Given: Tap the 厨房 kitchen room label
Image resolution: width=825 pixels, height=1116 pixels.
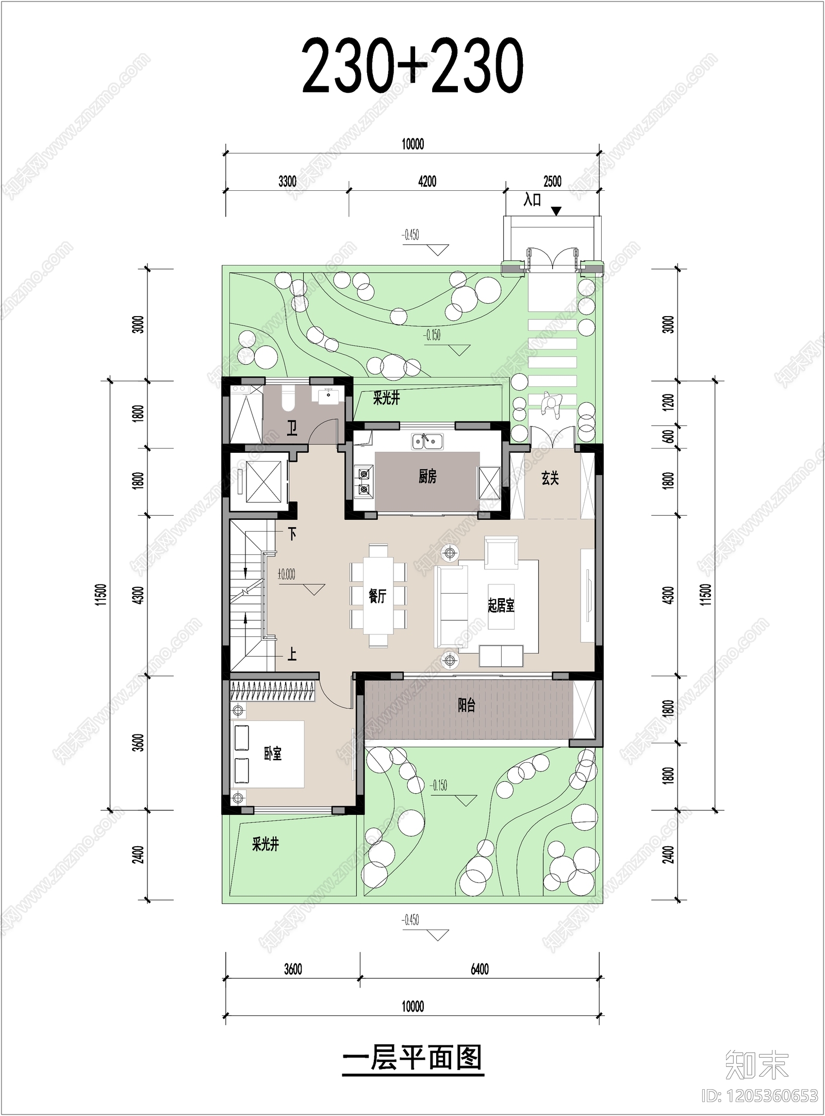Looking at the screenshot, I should point(427,477).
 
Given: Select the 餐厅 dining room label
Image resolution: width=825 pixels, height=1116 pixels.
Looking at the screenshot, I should point(377,596).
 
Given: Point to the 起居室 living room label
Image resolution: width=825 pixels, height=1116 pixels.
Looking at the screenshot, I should point(501,605).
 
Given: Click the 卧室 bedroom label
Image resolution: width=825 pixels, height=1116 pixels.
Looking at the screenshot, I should point(273,754).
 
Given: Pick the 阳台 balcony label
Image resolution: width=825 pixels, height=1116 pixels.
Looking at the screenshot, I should point(467,705).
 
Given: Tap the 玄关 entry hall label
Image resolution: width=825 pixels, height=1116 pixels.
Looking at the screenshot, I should point(550,478).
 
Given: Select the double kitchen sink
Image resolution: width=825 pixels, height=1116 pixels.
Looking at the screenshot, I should point(427,441).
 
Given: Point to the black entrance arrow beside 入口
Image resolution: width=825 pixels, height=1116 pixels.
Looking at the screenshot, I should point(556,211).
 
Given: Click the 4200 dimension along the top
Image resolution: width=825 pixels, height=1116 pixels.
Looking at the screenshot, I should point(427,182).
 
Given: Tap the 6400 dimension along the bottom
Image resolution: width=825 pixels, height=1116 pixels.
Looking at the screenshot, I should point(480,969).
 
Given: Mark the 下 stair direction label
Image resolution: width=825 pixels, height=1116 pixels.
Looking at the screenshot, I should point(292,534).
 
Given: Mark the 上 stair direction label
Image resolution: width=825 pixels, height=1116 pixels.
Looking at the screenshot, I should point(292,654).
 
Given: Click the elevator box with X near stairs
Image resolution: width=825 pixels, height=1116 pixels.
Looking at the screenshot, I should point(263,481).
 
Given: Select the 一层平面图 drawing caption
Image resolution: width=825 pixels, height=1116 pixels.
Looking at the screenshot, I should point(412,1058).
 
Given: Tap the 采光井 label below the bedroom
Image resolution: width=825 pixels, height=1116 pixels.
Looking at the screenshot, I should point(266,844).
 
